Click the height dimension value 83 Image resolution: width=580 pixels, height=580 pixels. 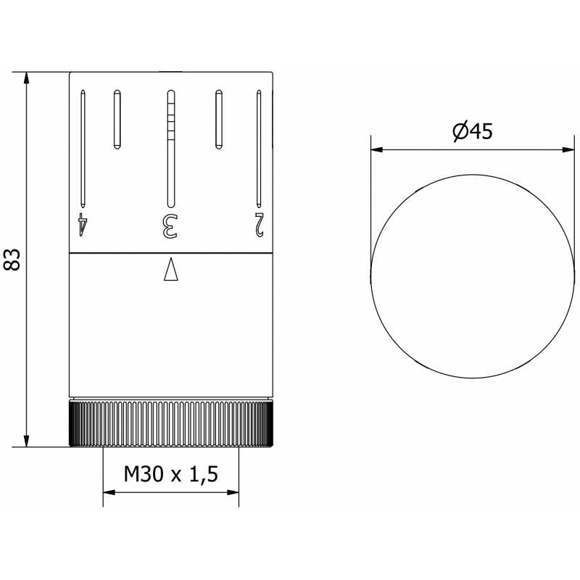point(12,260)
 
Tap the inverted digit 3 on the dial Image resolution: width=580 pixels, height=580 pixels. point(170,224)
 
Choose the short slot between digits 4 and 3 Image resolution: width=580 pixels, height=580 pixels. point(116,120)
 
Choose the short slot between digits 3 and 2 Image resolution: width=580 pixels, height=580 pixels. point(217,120)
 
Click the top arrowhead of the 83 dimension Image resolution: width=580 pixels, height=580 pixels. point(27,78)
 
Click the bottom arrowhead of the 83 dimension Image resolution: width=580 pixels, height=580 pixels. point(27,442)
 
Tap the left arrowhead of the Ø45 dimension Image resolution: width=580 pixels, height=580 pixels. point(376,150)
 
